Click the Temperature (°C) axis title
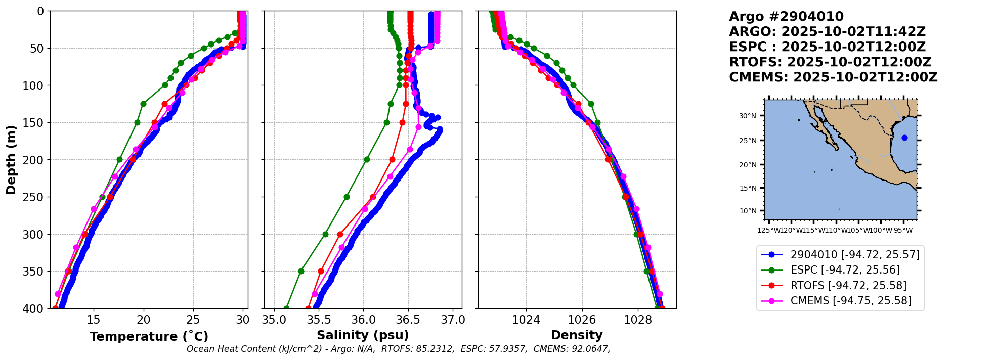coord(149,337)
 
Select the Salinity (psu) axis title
coord(363,335)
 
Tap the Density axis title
coord(577,335)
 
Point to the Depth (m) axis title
coord(11,160)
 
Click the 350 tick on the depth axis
coord(34,272)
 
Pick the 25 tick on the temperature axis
coord(193,320)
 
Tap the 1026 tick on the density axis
coord(582,320)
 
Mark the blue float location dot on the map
coord(904,138)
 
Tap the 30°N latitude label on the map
coord(748,116)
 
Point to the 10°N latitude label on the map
coord(748,211)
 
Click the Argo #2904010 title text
coord(786,17)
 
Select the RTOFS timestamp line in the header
coord(830,62)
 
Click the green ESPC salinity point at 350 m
coord(301,271)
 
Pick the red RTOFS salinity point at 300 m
coord(340,234)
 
